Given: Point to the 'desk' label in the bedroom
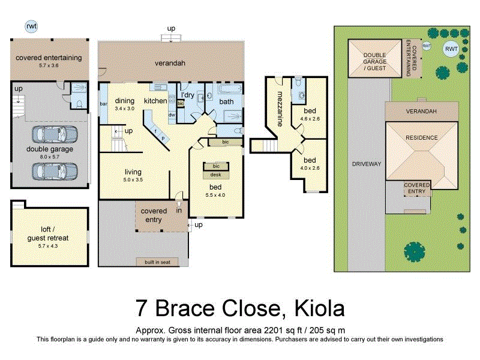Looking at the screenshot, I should click(215, 175).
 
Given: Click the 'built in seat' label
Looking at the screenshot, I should click(158, 262).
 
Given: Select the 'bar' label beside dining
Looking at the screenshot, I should click(103, 104).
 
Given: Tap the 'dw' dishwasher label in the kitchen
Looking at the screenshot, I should click(172, 115).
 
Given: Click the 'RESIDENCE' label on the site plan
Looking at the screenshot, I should click(422, 137).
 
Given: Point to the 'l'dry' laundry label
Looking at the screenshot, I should click(188, 95).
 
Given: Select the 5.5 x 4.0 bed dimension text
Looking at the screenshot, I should click(215, 195).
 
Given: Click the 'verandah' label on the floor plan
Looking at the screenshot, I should click(170, 62).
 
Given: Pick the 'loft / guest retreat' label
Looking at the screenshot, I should click(49, 233).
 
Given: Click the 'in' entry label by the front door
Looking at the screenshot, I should click(179, 211).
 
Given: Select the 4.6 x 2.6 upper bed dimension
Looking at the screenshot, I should click(310, 119).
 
